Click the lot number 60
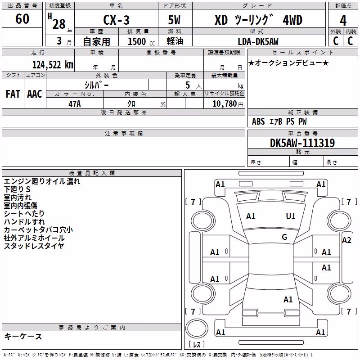pos(22,18)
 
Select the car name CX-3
pos(116,20)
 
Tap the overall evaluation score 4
pos(343,21)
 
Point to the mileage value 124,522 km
pos(53,65)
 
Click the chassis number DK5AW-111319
pos(302,143)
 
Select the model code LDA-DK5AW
pos(258,41)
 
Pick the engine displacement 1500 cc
pos(141,41)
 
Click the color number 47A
pos(75,104)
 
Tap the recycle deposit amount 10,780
pos(224,104)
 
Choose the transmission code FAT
pos(13,94)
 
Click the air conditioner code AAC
pos(35,94)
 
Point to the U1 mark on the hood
pos(290,216)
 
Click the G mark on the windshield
pos(284,237)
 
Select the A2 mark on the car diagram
pos(346,240)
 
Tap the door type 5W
pos(174,20)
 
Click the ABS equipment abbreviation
pos(258,121)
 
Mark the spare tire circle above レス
pos(197,328)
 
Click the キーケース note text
pos(23,336)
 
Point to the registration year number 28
pos(59,24)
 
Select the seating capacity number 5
pos(188,85)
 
